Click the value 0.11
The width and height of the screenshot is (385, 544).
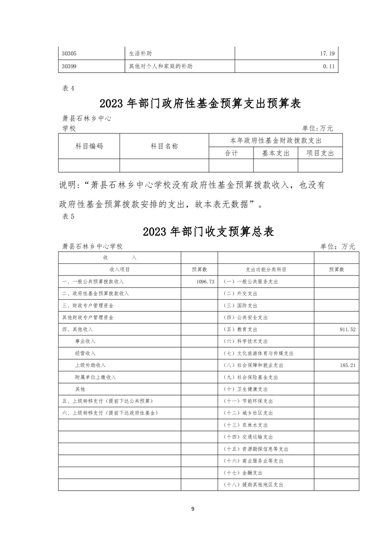pyautogui.click(x=329, y=66)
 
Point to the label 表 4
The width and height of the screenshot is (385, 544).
pyautogui.click(x=68, y=88)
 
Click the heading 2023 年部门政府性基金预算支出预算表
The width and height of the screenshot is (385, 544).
pyautogui.click(x=200, y=104)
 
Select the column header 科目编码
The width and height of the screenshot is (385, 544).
pyautogui.click(x=89, y=146)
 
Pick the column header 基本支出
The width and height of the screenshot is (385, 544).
pyautogui.click(x=275, y=153)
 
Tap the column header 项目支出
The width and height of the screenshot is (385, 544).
pyautogui.click(x=320, y=153)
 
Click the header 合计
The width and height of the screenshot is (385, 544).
pyautogui.click(x=231, y=153)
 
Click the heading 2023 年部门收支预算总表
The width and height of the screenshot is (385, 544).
pyautogui.click(x=208, y=231)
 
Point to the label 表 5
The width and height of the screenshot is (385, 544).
pyautogui.click(x=68, y=217)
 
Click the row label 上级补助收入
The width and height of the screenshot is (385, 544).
pyautogui.click(x=90, y=365)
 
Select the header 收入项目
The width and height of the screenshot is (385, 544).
pyautogui.click(x=119, y=269)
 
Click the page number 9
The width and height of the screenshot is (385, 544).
pyautogui.click(x=192, y=509)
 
